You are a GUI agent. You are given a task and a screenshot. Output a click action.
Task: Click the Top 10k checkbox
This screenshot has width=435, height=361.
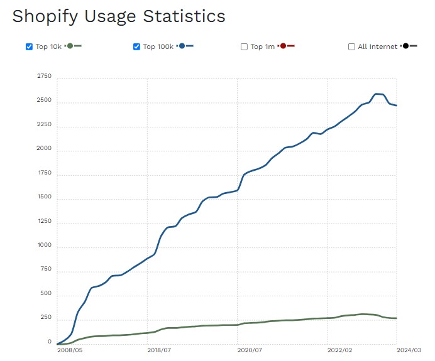(x=29, y=47)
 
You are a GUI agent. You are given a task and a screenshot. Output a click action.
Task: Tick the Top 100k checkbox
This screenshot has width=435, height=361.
(x=137, y=47)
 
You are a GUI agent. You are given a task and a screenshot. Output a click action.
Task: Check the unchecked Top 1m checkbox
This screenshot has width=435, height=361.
(x=244, y=47)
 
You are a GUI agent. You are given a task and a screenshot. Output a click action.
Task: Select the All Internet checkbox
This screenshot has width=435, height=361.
(x=351, y=47)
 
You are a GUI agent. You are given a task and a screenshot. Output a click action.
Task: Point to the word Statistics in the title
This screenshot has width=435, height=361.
(x=187, y=16)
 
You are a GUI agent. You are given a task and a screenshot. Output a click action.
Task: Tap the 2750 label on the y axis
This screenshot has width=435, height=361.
(x=44, y=76)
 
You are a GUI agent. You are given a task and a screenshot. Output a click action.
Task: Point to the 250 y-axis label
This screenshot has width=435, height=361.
(x=47, y=318)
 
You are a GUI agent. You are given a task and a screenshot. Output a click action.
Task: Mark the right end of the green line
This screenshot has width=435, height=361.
(x=396, y=318)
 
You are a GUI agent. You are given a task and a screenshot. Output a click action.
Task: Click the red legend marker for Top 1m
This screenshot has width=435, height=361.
(x=284, y=46)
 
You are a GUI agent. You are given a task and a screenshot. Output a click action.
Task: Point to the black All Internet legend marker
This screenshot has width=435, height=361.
(x=407, y=46)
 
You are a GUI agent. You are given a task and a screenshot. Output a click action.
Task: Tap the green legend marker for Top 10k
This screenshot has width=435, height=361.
(x=70, y=46)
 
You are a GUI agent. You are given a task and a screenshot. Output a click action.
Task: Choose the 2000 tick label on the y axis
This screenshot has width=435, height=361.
(x=44, y=149)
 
